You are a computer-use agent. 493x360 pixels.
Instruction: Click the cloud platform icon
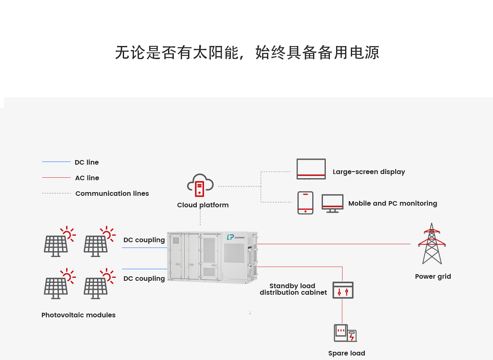pos(200,184)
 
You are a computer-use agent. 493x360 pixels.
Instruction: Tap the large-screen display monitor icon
pos(311,169)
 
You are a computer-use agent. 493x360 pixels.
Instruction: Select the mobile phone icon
pos(305,203)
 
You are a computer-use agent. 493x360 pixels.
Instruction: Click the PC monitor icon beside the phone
pos(332,203)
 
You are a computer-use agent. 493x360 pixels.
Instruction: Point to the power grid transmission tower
pos(432,244)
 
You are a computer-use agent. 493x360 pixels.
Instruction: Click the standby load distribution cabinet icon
pos(343,290)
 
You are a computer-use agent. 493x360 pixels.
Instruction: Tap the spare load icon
pos(345,333)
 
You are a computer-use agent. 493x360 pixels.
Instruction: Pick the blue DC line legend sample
pos(56,162)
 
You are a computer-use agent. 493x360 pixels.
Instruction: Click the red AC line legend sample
pos(56,177)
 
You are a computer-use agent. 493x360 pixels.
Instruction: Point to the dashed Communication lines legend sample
pos(56,193)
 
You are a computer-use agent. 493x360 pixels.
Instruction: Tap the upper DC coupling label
pos(144,240)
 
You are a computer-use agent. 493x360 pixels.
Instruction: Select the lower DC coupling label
pos(144,278)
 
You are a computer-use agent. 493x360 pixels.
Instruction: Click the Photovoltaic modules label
pos(78,315)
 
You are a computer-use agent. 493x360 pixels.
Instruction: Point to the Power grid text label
pos(433,276)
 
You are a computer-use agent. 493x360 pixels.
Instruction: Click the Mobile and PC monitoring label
pos(392,203)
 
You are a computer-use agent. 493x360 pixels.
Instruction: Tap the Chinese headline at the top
pos(247,53)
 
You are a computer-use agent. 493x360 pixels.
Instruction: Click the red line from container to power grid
pos(333,244)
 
